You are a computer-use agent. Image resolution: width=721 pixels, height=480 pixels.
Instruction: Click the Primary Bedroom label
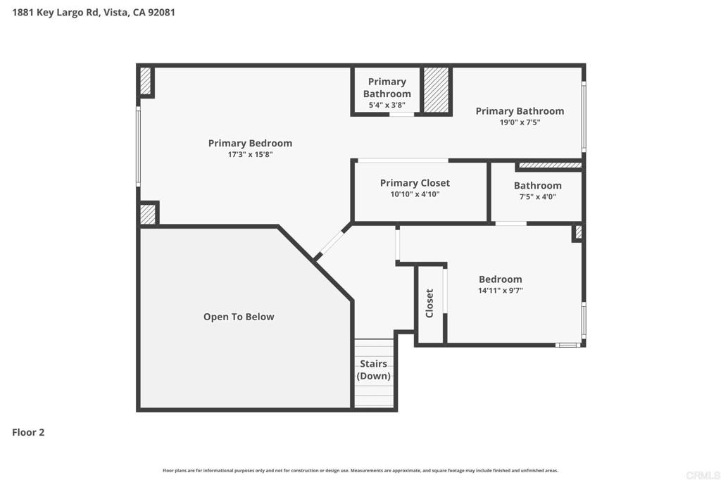[x=250, y=143]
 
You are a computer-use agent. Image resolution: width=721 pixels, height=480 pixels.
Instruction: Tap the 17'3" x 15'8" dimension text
[x=250, y=154]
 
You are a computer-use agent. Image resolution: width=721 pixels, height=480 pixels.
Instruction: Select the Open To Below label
[x=239, y=317]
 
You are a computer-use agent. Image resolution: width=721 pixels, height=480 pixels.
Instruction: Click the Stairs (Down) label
[x=373, y=370]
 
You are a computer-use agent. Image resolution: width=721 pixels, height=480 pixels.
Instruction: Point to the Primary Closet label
[x=415, y=183]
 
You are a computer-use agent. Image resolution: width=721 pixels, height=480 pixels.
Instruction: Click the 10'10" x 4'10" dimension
[x=415, y=194]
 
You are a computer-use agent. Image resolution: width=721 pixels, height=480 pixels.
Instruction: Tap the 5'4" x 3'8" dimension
[x=387, y=105]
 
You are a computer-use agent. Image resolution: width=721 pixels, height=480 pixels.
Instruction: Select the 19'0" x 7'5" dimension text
[x=520, y=122]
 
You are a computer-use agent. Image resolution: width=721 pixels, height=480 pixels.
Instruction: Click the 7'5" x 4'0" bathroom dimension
[x=537, y=197]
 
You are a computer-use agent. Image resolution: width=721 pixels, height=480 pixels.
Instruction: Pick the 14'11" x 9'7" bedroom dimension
[x=501, y=291]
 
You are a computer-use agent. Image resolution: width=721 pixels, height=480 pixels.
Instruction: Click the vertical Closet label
[x=430, y=303]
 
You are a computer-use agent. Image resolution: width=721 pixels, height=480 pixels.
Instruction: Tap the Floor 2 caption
[x=28, y=432]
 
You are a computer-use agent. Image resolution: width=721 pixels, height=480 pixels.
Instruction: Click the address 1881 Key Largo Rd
[x=55, y=13]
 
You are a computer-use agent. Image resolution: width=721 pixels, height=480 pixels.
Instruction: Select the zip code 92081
[x=161, y=13]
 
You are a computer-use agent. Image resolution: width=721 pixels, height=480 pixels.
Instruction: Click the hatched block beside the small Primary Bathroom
[x=436, y=89]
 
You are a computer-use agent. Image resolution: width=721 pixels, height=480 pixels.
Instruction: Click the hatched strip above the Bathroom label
[x=550, y=165]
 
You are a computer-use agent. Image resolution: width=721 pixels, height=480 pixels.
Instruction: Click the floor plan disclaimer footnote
[x=360, y=470]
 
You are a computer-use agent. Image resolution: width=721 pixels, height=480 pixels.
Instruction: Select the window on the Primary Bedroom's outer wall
[x=138, y=146]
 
